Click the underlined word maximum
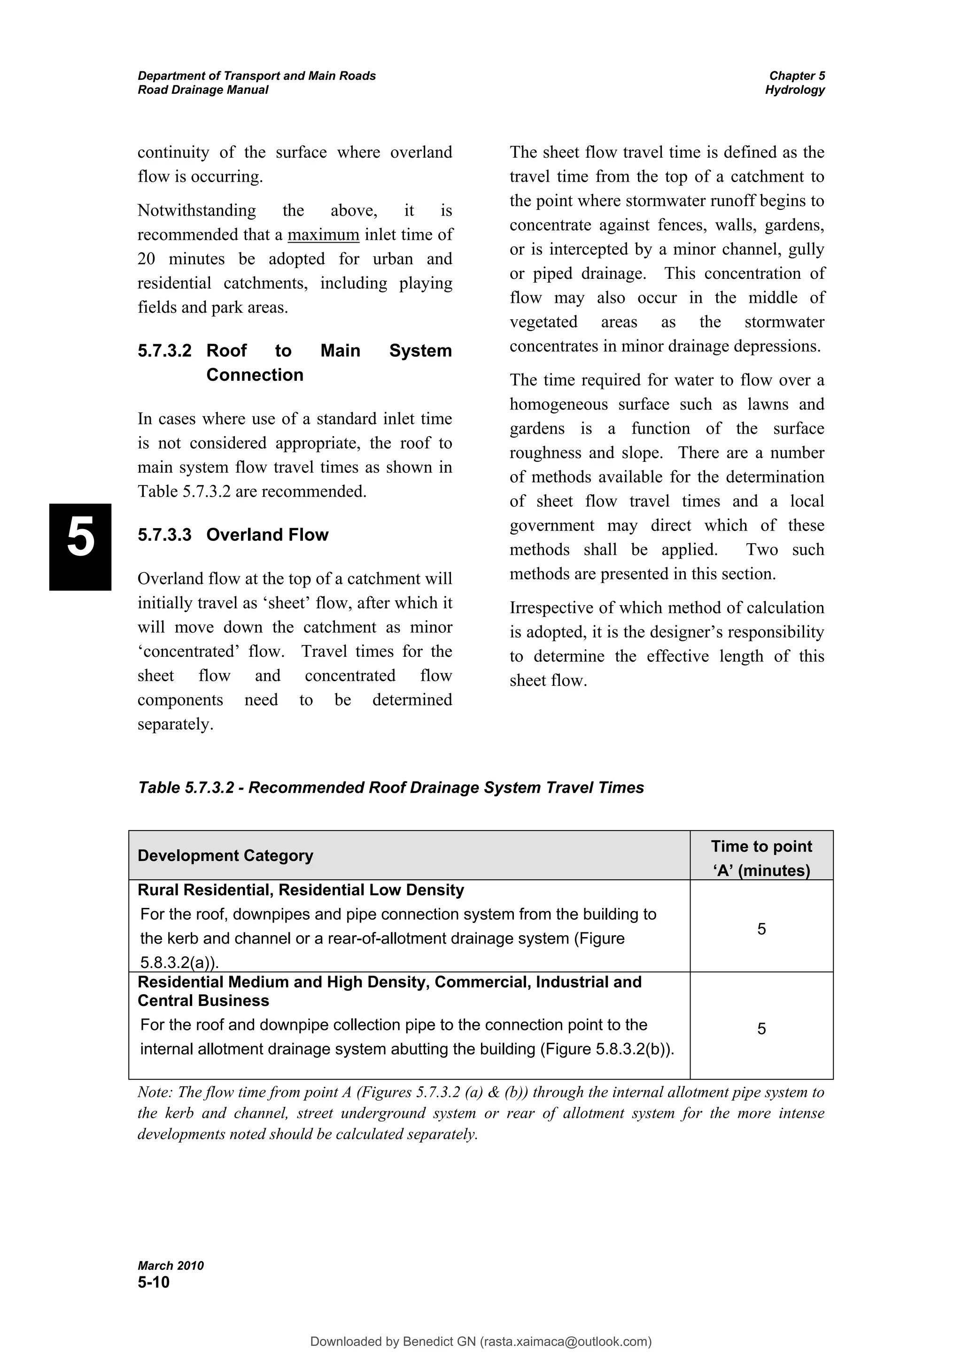tap(323, 235)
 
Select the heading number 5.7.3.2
tap(164, 351)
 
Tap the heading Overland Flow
tap(267, 534)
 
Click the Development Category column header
tap(225, 855)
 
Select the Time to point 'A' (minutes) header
tap(761, 858)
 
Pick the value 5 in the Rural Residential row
tap(761, 929)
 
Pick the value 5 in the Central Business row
tap(761, 1029)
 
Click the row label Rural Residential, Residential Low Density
tap(301, 890)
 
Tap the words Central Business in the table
tap(203, 1000)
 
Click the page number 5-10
tap(154, 1283)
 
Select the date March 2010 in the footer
tap(171, 1266)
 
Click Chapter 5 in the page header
tap(797, 76)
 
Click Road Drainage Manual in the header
tap(203, 90)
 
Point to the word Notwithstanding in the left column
tap(197, 210)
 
